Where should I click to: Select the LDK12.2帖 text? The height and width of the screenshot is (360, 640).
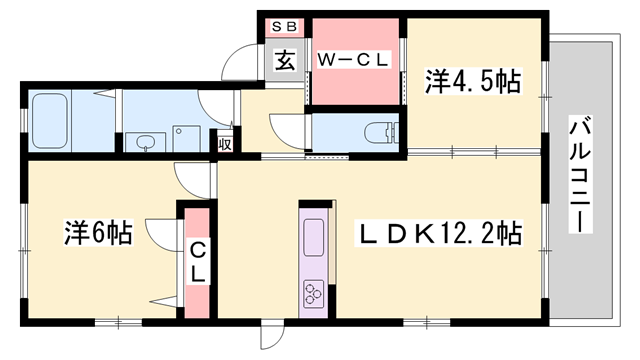tap(440, 234)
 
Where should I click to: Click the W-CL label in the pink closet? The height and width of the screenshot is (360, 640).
tap(352, 60)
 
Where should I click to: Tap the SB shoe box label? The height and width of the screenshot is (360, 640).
tap(284, 26)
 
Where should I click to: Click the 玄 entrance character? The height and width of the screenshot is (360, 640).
tap(285, 60)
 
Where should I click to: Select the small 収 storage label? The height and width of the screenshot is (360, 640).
tap(226, 144)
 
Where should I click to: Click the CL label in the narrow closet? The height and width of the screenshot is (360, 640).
tap(197, 259)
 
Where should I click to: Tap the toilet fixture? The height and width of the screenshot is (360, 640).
tap(378, 131)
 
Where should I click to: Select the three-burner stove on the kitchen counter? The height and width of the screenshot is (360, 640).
tap(313, 293)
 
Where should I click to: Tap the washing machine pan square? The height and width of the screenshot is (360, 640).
tap(186, 136)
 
